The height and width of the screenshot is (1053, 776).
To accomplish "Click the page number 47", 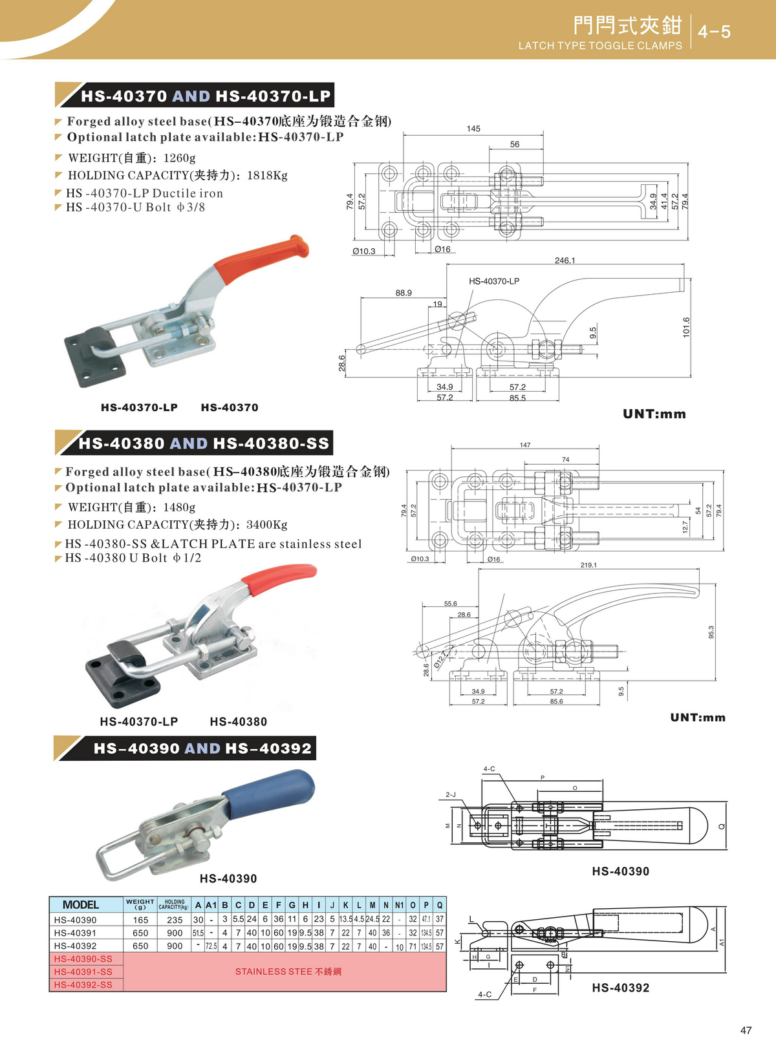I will click(x=746, y=1030).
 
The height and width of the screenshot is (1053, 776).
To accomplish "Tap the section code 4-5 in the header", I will click(x=714, y=32).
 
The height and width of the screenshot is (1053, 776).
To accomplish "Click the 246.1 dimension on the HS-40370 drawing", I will click(x=565, y=261).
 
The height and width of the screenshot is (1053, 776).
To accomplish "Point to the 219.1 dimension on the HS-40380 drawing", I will click(x=588, y=565).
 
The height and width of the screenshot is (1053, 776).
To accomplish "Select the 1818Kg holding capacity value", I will click(x=267, y=175).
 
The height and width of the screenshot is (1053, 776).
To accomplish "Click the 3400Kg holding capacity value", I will click(x=267, y=525).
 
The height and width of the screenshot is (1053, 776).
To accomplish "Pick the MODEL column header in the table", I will click(x=81, y=905).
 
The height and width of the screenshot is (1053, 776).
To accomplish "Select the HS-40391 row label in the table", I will click(x=76, y=933).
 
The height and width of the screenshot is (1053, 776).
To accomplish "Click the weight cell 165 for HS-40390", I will click(x=140, y=920).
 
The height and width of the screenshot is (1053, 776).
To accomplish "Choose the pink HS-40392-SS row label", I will click(x=83, y=984).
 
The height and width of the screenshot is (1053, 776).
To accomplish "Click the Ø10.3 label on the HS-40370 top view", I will click(x=363, y=251).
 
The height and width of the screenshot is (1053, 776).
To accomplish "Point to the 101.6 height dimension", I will click(x=686, y=327).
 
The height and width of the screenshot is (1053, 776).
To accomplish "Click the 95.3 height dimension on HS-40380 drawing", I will click(x=711, y=632).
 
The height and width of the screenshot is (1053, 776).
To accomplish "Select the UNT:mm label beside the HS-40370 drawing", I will click(x=654, y=414).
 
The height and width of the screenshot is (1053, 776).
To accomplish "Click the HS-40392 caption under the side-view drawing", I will click(x=620, y=988).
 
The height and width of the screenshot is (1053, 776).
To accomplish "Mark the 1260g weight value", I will click(x=179, y=158).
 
